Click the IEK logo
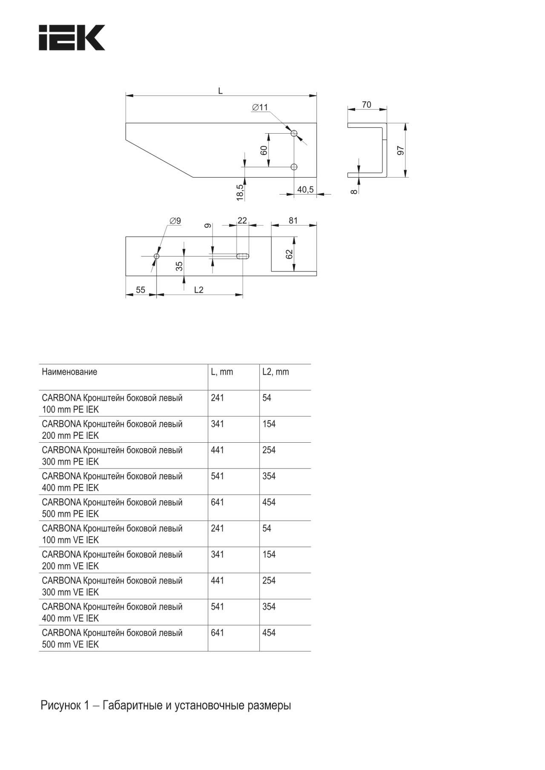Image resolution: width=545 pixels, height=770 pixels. point(72,38)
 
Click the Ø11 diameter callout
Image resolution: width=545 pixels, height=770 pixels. point(260,107)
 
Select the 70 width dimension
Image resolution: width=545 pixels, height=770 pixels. point(366,105)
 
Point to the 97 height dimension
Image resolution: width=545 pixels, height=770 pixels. point(401,150)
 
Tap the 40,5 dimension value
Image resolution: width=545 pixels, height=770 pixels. point(305,189)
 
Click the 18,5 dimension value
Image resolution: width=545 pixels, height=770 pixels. point(240,192)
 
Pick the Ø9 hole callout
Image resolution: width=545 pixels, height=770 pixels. point(175,221)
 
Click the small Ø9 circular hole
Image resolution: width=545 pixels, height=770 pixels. point(157,256)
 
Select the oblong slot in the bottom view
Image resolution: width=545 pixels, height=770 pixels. point(242,256)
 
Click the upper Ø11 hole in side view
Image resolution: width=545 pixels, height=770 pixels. point(294,133)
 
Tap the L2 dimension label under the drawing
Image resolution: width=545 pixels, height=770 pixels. point(199,290)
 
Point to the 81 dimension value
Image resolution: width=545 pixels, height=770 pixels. point(293,220)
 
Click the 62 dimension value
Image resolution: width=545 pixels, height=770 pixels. point(290,254)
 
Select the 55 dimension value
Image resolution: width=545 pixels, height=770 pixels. point(141,290)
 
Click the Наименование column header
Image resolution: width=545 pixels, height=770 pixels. point(69,372)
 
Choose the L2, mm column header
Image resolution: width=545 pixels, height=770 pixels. point(275,372)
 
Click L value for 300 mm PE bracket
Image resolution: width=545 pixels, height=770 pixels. point(218,450)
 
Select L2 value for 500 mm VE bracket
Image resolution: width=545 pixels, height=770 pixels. point(269,633)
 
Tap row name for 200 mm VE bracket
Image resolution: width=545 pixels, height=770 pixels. point(112,560)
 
